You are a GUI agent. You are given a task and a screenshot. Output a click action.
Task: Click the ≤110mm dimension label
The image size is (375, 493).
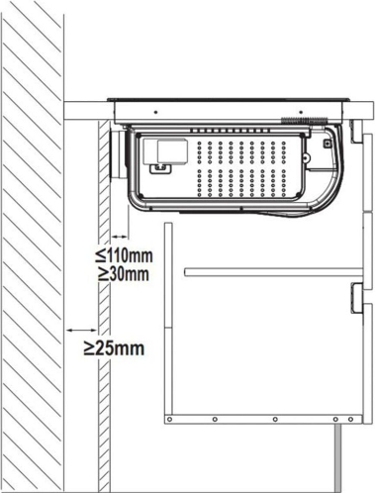point(124,255)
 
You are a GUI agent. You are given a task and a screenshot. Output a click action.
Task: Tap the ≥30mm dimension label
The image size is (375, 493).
point(124,274)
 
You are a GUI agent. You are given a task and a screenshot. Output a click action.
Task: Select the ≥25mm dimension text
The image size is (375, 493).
point(114,348)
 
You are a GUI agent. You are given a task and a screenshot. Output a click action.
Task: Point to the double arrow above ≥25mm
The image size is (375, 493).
point(81,330)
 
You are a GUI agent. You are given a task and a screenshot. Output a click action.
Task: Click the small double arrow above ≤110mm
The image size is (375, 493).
point(120,237)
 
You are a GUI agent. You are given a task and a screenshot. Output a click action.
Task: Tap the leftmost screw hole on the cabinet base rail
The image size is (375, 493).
point(169,419)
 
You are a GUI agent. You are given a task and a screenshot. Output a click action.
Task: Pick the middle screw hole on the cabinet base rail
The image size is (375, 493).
point(275,419)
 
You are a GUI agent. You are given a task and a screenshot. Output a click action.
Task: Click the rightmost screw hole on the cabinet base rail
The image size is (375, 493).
point(351,419)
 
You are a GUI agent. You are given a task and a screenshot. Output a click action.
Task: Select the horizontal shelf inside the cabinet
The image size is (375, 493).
point(274,272)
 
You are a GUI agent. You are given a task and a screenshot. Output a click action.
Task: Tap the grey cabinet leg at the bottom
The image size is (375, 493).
point(338,458)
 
